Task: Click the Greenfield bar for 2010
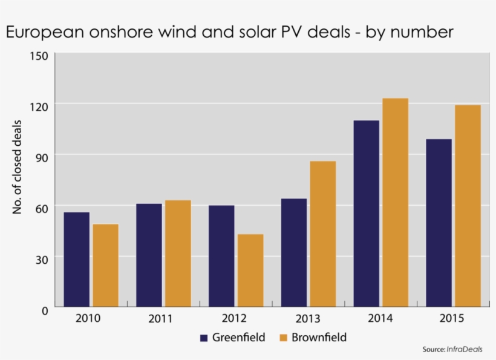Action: click(76, 260)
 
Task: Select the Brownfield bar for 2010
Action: click(105, 266)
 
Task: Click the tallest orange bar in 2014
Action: click(396, 203)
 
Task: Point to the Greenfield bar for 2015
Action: click(439, 223)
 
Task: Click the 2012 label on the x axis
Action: click(233, 318)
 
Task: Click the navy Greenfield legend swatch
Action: click(204, 338)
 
